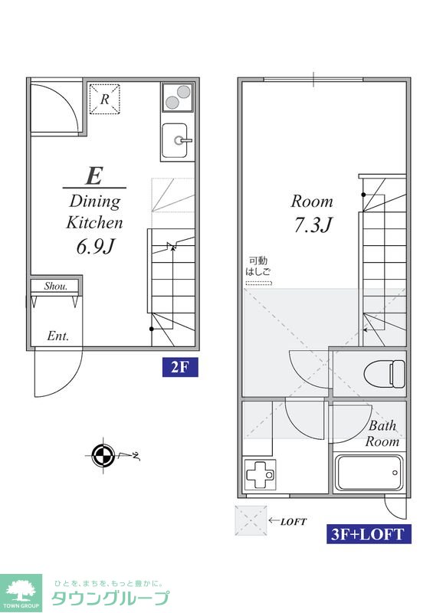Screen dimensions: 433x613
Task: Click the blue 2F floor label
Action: pos(180,368)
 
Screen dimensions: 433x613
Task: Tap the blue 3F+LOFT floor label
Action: pos(369,533)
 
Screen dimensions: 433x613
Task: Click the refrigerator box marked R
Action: pos(104,99)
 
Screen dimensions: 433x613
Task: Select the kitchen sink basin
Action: pos(175,140)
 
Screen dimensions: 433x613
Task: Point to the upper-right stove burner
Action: pos(183,91)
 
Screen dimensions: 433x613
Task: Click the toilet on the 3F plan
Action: pos(384,374)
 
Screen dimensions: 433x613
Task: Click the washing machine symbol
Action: pos(259,474)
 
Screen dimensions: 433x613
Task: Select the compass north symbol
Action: pos(103,455)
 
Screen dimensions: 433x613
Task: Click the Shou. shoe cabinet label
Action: pos(55,286)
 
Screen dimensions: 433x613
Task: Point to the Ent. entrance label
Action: pos(58,336)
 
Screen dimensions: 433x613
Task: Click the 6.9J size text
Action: pos(96,247)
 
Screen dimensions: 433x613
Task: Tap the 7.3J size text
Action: pos(313,225)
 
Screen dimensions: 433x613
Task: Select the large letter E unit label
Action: pos(94,175)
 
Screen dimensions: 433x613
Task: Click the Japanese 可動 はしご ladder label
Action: pos(258,266)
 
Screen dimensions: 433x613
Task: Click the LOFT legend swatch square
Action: pos(251,521)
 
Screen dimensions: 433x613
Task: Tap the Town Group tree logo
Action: pos(21,592)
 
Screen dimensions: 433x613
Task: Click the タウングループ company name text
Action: pos(110,598)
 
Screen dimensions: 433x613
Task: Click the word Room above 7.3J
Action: pos(312,202)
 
